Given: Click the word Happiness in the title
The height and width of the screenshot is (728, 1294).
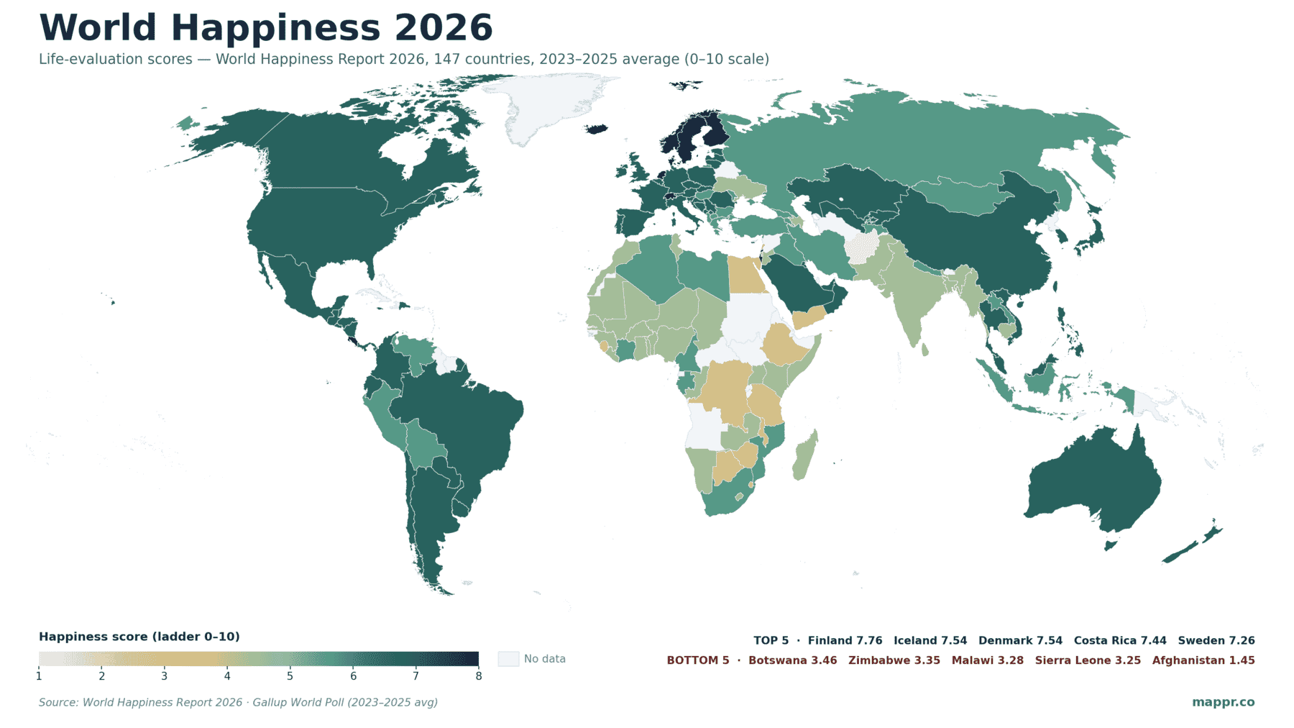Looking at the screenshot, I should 275,29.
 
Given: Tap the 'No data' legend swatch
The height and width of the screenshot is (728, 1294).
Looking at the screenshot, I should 508,659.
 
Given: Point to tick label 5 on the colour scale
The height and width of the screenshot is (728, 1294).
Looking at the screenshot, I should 290,676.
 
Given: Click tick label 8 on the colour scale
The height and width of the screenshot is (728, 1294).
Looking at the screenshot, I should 478,676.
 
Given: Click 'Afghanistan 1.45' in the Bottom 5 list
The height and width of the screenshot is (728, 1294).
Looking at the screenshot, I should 1203,660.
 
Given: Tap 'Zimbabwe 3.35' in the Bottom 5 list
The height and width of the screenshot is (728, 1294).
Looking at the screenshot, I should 894,660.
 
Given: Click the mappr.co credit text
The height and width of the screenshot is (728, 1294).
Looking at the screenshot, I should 1223,702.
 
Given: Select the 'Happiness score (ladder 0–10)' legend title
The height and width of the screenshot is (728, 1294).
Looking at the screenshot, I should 139,637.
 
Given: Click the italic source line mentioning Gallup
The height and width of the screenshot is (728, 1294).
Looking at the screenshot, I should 238,702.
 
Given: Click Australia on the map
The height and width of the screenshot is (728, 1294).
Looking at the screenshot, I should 1093,482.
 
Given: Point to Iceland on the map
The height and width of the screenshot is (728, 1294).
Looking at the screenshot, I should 596,129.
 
